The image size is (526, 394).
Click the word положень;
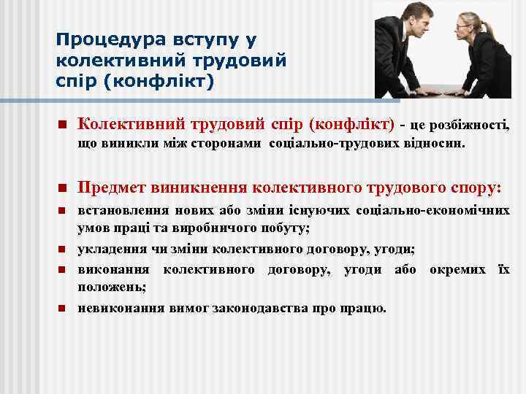[x=113, y=287]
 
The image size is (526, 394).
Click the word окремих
[x=457, y=270]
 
